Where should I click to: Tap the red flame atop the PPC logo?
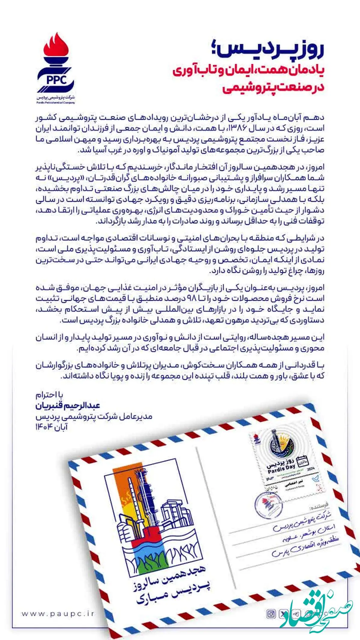click(56, 45)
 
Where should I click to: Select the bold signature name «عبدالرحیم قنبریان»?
click(68, 406)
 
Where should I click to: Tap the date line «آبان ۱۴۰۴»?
click(52, 427)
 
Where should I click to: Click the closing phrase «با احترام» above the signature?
click(49, 395)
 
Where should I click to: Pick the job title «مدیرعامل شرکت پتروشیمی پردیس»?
click(94, 416)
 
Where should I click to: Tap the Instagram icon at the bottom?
click(271, 614)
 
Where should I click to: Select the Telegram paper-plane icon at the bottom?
click(296, 614)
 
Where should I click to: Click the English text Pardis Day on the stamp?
click(281, 469)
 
